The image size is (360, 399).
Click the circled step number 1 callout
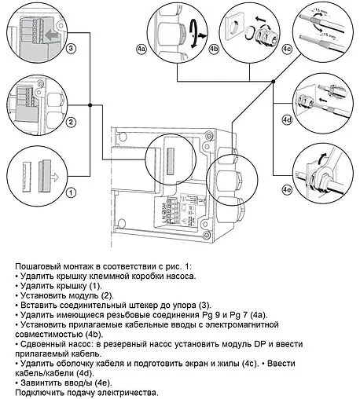point(71,192)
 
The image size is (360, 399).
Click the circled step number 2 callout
point(71,123)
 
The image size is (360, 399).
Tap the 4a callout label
point(141,49)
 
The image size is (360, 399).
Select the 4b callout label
point(213,49)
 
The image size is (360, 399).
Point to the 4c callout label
point(287,49)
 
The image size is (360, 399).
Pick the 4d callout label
point(287,120)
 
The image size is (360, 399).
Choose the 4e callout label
point(287,189)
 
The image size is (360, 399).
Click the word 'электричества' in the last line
point(128,391)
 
